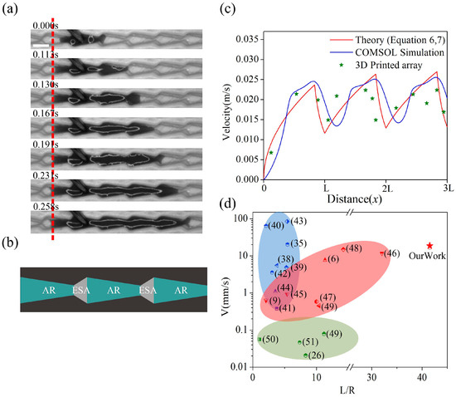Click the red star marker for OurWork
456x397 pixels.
tap(429, 246)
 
